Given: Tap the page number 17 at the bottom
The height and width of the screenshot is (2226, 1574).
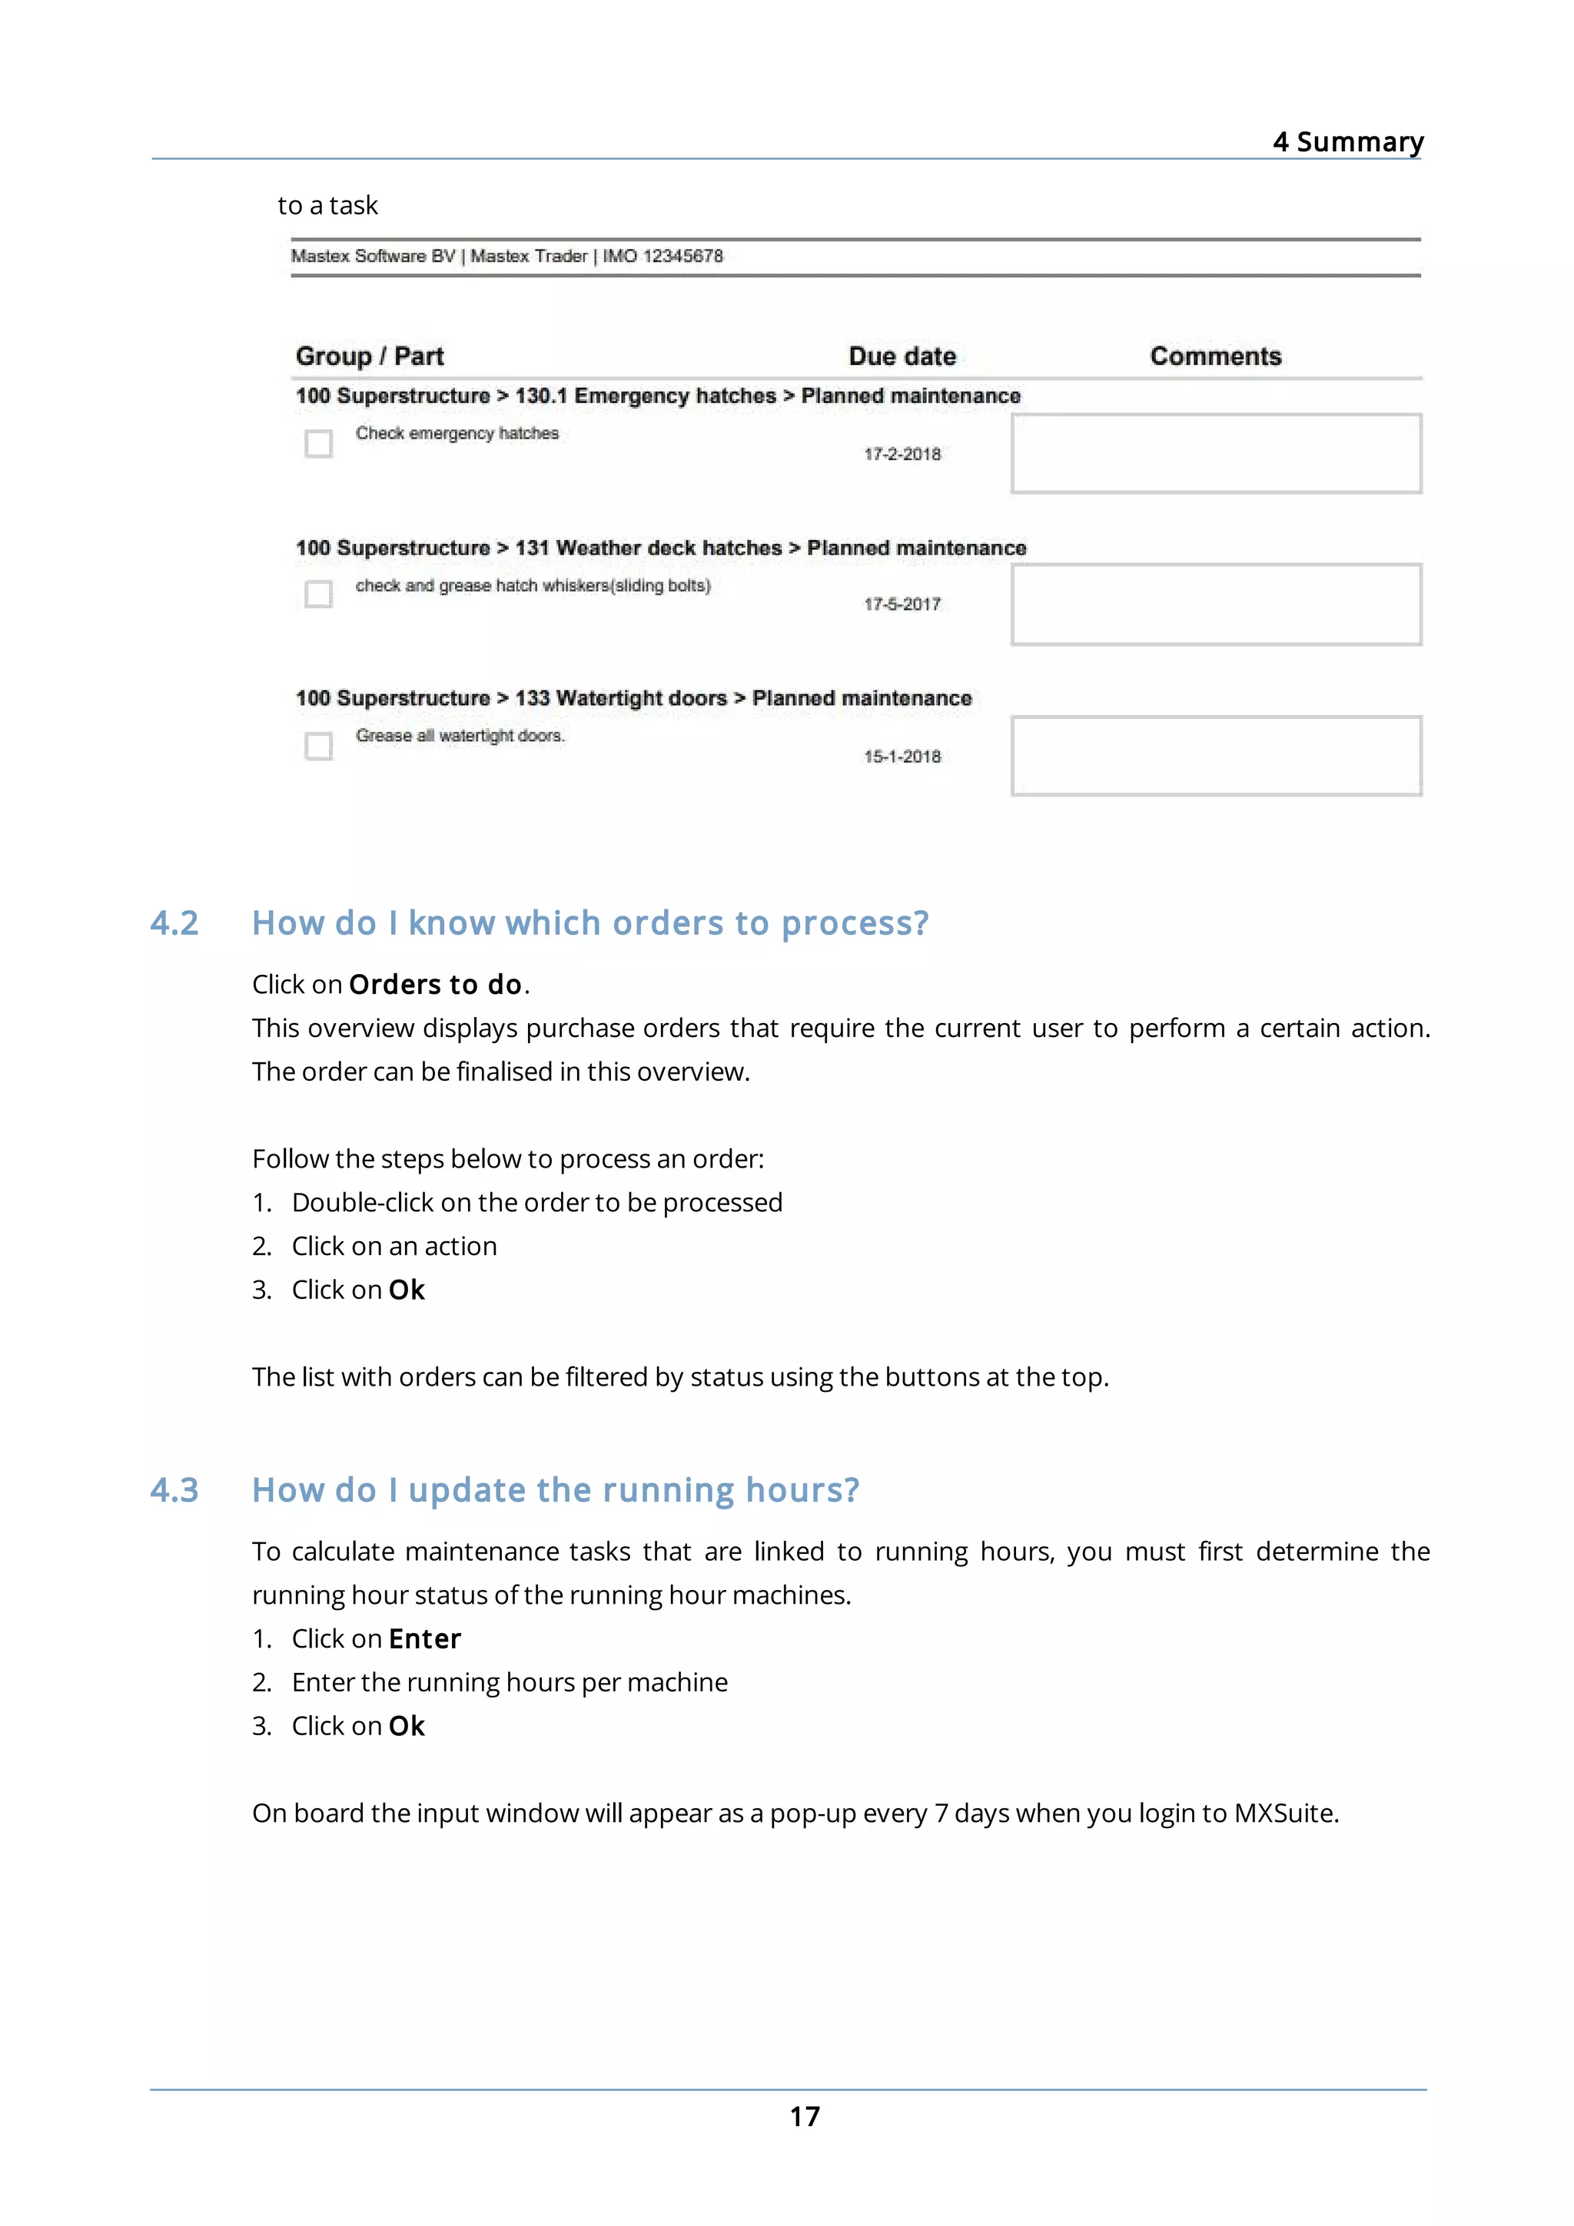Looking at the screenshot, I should [x=804, y=2115].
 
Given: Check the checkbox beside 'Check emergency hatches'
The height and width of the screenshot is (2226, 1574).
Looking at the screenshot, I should [x=318, y=444].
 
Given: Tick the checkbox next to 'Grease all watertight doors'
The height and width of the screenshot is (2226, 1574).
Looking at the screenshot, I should [x=318, y=746].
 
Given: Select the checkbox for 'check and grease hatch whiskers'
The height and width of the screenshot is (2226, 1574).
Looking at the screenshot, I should [x=318, y=593].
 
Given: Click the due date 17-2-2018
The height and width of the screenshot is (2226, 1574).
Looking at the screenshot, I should [x=902, y=454].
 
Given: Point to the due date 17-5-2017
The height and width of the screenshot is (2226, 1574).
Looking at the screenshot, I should [x=902, y=604].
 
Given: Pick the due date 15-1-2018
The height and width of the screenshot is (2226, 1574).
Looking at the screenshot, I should [x=902, y=757].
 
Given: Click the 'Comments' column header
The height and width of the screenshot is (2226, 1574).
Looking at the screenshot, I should [x=1215, y=356].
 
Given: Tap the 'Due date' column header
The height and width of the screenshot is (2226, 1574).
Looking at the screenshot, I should [x=902, y=356].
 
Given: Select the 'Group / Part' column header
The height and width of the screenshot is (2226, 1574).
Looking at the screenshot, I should [x=370, y=356].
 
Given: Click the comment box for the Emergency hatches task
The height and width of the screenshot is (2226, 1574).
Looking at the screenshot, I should [x=1215, y=454].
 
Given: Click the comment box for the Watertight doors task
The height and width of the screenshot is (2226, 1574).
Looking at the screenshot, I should [x=1215, y=757].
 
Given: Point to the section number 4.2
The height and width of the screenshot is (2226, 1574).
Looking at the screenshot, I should [x=174, y=923].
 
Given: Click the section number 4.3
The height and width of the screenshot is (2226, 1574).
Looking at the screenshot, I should [x=174, y=1490].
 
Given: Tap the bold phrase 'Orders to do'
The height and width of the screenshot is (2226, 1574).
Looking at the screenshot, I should [x=436, y=984].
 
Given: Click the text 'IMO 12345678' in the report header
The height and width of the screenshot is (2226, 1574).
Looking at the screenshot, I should [x=662, y=256].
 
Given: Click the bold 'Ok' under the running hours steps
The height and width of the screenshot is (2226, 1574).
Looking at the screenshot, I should [x=407, y=1726].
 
